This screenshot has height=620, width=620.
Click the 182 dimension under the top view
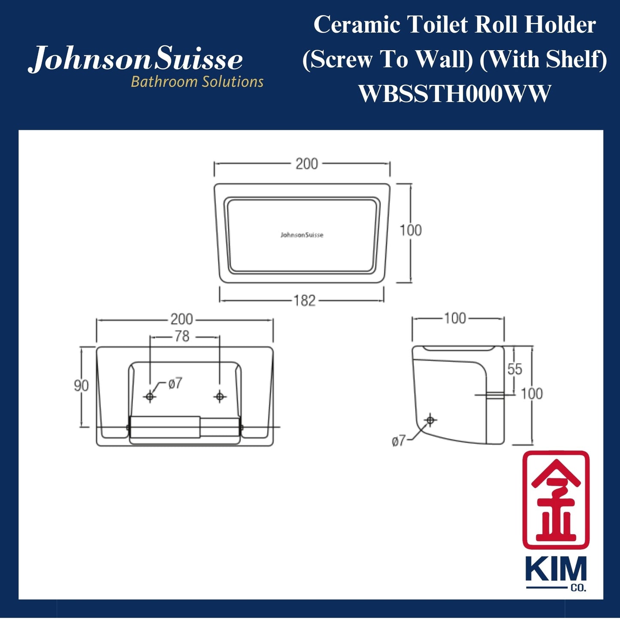(305, 300)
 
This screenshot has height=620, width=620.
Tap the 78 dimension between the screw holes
(182, 336)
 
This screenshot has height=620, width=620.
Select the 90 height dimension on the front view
(81, 386)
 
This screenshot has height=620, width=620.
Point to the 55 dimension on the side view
(514, 369)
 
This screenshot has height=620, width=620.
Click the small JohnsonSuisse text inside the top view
(302, 235)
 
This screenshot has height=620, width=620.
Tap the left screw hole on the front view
(150, 396)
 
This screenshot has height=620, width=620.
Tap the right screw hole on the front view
(220, 396)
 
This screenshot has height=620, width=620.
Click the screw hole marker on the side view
(430, 420)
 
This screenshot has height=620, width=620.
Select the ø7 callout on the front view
(175, 383)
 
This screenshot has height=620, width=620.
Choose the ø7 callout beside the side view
(399, 441)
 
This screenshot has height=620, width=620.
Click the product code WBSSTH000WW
(454, 94)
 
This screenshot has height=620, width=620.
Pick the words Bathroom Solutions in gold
(197, 82)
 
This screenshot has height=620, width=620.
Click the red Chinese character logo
(556, 499)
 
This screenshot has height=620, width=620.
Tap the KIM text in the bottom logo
(556, 570)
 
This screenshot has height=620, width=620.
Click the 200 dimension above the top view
(306, 164)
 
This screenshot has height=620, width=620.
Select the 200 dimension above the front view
(181, 319)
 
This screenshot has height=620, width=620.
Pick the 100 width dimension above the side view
(455, 318)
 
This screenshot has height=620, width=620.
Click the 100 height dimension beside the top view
(411, 230)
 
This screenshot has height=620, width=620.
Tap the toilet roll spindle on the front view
(165, 427)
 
